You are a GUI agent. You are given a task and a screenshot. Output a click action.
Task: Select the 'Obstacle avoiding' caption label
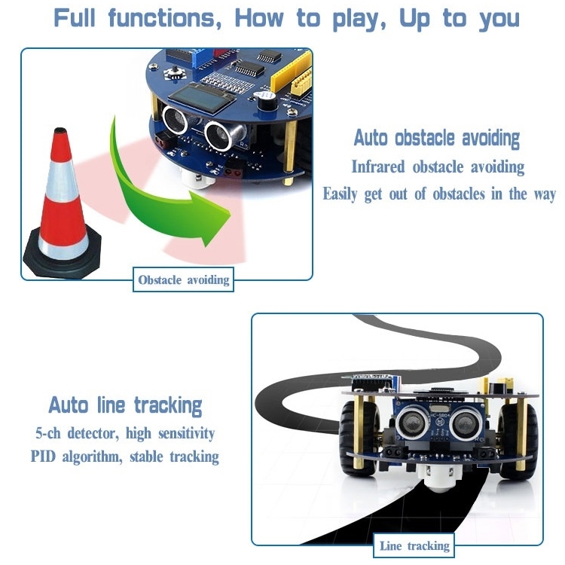(x=183, y=279)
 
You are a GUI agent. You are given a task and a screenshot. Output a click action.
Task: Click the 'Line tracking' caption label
(x=414, y=545)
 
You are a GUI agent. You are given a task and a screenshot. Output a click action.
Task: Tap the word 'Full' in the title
(x=75, y=17)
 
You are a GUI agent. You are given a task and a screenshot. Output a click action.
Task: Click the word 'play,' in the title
(x=359, y=19)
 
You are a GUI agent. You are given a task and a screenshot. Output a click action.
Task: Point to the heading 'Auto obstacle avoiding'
(x=436, y=138)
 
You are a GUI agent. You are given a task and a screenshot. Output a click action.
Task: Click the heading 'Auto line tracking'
(x=125, y=406)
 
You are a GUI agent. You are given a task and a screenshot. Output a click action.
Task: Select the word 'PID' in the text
(x=43, y=457)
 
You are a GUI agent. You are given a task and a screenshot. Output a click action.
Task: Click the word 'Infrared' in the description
(x=378, y=166)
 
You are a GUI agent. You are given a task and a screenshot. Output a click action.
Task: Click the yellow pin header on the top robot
(x=291, y=73)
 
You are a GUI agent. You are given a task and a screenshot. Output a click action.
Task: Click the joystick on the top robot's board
(x=175, y=72)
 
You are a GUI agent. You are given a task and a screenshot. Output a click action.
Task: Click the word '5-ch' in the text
(x=48, y=433)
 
